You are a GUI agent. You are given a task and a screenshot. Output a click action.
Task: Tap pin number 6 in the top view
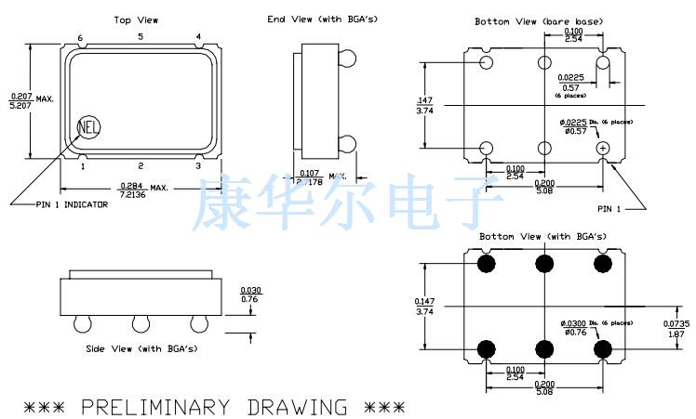[x=80, y=38]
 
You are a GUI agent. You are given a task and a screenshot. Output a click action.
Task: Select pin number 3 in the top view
[x=197, y=166]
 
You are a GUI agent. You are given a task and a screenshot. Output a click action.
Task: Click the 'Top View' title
[x=136, y=20]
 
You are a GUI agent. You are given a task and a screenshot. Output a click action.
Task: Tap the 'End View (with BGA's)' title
[x=309, y=19]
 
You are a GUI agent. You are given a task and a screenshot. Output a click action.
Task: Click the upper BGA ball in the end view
[x=348, y=58]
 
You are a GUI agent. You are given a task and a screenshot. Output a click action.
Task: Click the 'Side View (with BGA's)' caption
[x=141, y=348]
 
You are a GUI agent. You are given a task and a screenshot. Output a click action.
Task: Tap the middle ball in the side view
[x=141, y=323]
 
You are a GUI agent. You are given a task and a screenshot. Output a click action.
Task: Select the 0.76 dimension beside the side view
[x=250, y=298]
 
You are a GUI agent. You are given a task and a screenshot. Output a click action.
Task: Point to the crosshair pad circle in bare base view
[x=603, y=148]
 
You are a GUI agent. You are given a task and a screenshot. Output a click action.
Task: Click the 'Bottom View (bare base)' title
[x=538, y=21]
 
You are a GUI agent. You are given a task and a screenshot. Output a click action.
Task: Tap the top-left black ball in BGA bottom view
[x=486, y=265]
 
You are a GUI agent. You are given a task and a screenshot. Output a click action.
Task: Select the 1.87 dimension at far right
[x=675, y=332]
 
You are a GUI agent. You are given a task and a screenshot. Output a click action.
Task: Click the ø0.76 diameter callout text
[x=575, y=332]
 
